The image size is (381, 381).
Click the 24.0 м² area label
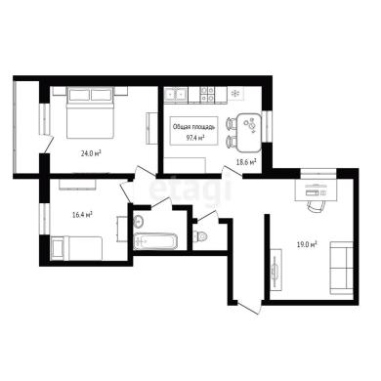91,153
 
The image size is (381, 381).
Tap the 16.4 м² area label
82,214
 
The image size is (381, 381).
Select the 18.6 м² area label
246,162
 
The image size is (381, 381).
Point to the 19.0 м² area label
307,244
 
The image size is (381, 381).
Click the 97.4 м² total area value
195,138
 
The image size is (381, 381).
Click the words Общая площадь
193,127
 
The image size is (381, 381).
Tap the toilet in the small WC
199,235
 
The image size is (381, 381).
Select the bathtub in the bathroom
155,241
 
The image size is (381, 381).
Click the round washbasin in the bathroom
139,222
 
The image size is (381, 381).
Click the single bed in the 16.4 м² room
77,248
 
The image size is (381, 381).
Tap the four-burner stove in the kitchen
207,94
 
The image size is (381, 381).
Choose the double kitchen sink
175,94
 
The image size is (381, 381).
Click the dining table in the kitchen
249,133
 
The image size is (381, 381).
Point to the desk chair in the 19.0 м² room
316,206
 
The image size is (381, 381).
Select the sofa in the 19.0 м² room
342,268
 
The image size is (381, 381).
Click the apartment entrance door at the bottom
249,309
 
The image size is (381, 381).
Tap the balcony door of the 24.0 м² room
48,144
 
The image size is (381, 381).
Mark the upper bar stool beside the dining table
231,124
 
